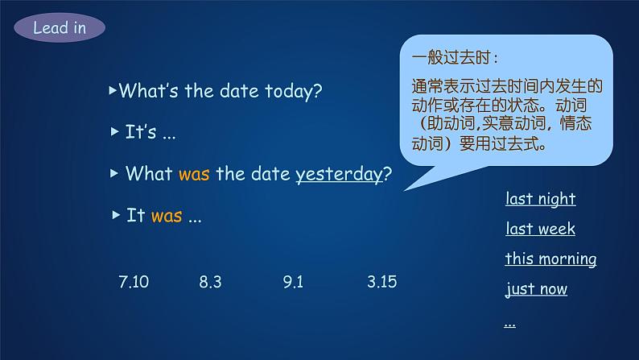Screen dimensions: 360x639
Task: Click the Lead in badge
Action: [x=59, y=29]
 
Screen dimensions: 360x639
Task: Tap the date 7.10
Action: [x=134, y=282]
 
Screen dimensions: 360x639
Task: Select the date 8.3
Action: [x=210, y=282]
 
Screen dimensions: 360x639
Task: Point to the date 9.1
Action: [x=293, y=282]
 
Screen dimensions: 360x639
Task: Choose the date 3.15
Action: [x=381, y=282]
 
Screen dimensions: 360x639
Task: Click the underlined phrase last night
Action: [x=540, y=199]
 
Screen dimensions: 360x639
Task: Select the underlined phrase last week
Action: [x=540, y=229]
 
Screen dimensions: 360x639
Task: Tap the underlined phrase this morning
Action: [x=550, y=259]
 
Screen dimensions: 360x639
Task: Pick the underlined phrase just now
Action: [x=536, y=288]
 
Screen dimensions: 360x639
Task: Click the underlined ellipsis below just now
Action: [x=509, y=322]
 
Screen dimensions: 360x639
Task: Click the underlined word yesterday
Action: [x=339, y=174]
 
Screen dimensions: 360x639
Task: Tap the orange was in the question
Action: [x=194, y=174]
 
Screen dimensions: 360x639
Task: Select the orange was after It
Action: [x=167, y=216]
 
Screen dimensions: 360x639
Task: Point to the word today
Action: [x=294, y=91]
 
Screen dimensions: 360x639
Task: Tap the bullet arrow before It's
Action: [x=114, y=132]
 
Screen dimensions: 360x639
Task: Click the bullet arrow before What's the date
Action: [x=113, y=90]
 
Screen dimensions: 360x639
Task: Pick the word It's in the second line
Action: [x=141, y=133]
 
